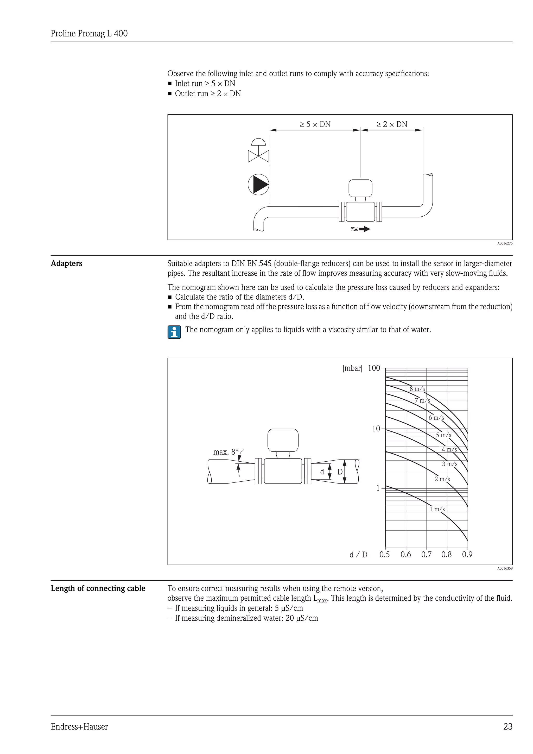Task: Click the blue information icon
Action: tap(174, 332)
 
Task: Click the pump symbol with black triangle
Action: tap(259, 184)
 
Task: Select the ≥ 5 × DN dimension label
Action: tap(315, 124)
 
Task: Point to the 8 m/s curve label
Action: tap(417, 389)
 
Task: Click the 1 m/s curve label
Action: tap(437, 509)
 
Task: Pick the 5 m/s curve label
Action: tap(443, 435)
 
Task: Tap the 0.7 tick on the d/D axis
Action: tap(426, 555)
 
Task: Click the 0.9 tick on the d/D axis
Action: tap(467, 555)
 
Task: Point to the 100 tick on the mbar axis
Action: tap(374, 368)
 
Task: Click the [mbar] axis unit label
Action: tap(352, 368)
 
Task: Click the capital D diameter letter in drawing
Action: tap(340, 472)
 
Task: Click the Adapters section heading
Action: tap(67, 263)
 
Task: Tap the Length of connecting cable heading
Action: tap(98, 588)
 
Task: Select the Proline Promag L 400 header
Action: tap(89, 34)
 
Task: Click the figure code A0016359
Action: tap(505, 568)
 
